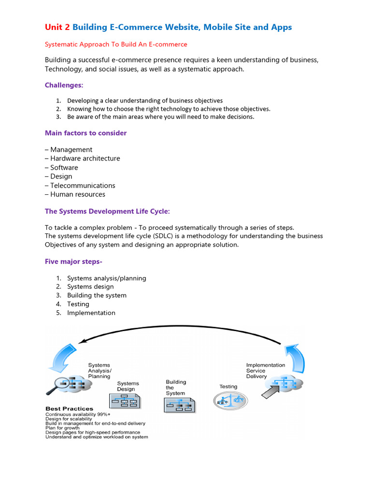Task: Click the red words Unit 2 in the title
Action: point(57,27)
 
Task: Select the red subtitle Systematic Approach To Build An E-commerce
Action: point(116,44)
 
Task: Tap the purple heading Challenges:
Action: point(64,85)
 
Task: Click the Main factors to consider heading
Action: point(86,133)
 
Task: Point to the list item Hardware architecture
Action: point(85,159)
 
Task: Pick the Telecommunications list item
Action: point(83,186)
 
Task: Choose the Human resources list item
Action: point(77,194)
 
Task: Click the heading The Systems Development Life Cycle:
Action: point(107,211)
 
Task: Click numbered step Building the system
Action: point(97,295)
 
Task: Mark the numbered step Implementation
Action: point(91,313)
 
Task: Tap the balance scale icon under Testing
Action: point(230,400)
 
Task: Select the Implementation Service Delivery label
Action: point(265,371)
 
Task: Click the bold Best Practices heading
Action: point(69,408)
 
